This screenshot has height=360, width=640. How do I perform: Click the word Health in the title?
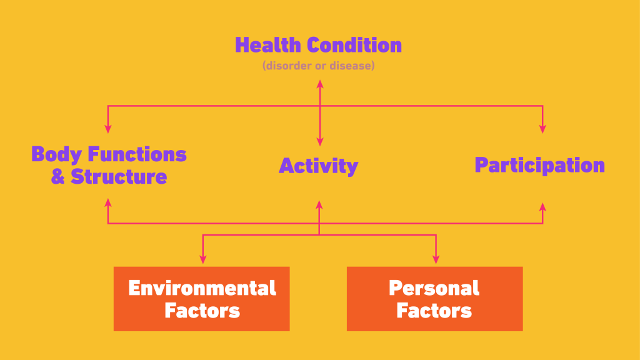[267, 45]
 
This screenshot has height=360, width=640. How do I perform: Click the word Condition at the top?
[354, 45]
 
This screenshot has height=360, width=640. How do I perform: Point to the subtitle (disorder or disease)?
[318, 66]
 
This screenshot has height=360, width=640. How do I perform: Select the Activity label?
[318, 166]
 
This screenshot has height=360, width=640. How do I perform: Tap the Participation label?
[539, 165]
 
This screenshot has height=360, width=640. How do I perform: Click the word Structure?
[119, 176]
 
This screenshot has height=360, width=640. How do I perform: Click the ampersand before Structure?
[58, 176]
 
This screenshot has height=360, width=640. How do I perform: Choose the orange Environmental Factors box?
[202, 299]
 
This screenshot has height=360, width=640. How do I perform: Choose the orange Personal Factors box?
[435, 299]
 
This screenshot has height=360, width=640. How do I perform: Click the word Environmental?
[202, 288]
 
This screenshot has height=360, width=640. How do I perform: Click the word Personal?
[434, 288]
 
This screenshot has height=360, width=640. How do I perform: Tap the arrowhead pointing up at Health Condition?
[320, 84]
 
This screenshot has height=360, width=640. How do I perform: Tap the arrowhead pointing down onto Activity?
[320, 142]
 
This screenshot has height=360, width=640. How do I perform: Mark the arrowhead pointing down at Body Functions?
[107, 129]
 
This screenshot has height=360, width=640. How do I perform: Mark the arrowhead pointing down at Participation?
[542, 129]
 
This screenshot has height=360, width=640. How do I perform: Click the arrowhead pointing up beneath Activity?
[319, 204]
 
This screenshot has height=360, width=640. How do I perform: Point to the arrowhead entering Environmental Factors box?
[203, 259]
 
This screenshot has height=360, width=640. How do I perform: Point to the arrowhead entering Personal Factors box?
[436, 259]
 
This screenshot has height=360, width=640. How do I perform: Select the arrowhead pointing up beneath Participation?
[542, 207]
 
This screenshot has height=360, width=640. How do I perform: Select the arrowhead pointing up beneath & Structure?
[107, 202]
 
